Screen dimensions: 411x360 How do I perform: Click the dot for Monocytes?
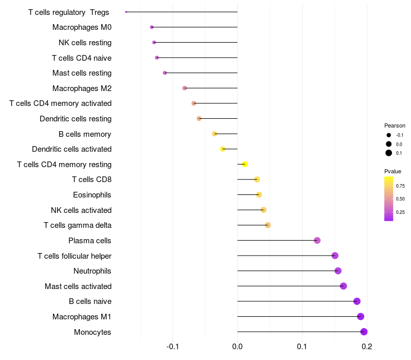pos(364,332)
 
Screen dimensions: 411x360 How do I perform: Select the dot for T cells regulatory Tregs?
pos(126,12)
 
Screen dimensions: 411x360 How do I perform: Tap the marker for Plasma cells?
pos(317,240)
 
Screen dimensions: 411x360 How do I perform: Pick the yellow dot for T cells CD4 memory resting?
pos(245,164)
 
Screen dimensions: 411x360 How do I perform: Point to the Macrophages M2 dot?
pos(184,88)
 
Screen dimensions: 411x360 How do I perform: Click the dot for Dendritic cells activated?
pos(222,149)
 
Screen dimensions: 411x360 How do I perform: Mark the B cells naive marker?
pos(357,301)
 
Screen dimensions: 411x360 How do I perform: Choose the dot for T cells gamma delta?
pos(268,225)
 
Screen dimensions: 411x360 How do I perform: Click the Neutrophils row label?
pos(92,271)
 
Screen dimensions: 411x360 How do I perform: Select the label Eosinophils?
pos(92,195)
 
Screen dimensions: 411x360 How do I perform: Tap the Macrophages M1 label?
pos(82,317)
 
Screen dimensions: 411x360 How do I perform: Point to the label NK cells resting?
pos(85,43)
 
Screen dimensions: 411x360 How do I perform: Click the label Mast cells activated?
pos(78,286)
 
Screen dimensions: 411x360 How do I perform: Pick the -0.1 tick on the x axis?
pos(173,347)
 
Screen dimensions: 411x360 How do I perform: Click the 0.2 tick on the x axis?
pos(367,347)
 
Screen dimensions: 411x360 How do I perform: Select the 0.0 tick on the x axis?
pos(237,347)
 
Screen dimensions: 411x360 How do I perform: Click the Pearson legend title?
pos(395,125)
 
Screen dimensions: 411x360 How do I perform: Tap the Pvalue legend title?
pos(393,171)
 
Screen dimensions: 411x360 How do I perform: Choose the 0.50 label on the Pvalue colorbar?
pos(400,199)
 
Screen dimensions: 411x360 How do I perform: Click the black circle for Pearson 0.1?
pos(389,153)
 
